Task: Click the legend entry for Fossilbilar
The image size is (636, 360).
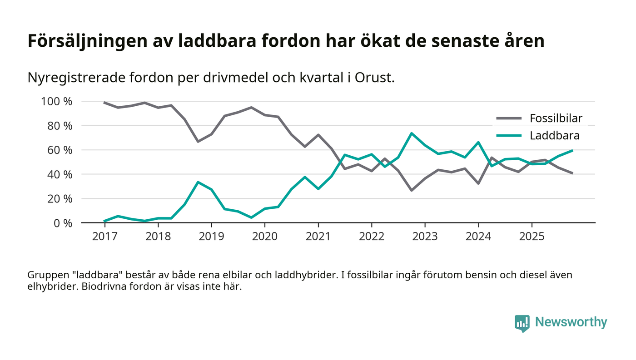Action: click(x=556, y=118)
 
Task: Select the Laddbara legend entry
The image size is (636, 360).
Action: click(x=554, y=135)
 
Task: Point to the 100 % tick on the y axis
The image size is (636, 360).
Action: click(x=57, y=101)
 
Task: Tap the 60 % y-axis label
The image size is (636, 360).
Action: click(x=60, y=150)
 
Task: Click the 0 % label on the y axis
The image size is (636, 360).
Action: click(x=62, y=223)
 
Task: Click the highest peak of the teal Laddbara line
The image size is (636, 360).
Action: click(x=412, y=133)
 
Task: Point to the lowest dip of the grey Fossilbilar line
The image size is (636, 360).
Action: click(x=412, y=190)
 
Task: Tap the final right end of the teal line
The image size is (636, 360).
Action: click(x=572, y=150)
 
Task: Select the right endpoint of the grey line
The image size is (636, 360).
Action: click(x=572, y=173)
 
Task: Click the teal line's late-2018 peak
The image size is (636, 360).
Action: click(x=198, y=182)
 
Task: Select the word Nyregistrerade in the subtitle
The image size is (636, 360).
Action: click(x=73, y=78)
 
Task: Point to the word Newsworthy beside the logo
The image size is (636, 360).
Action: click(x=571, y=322)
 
